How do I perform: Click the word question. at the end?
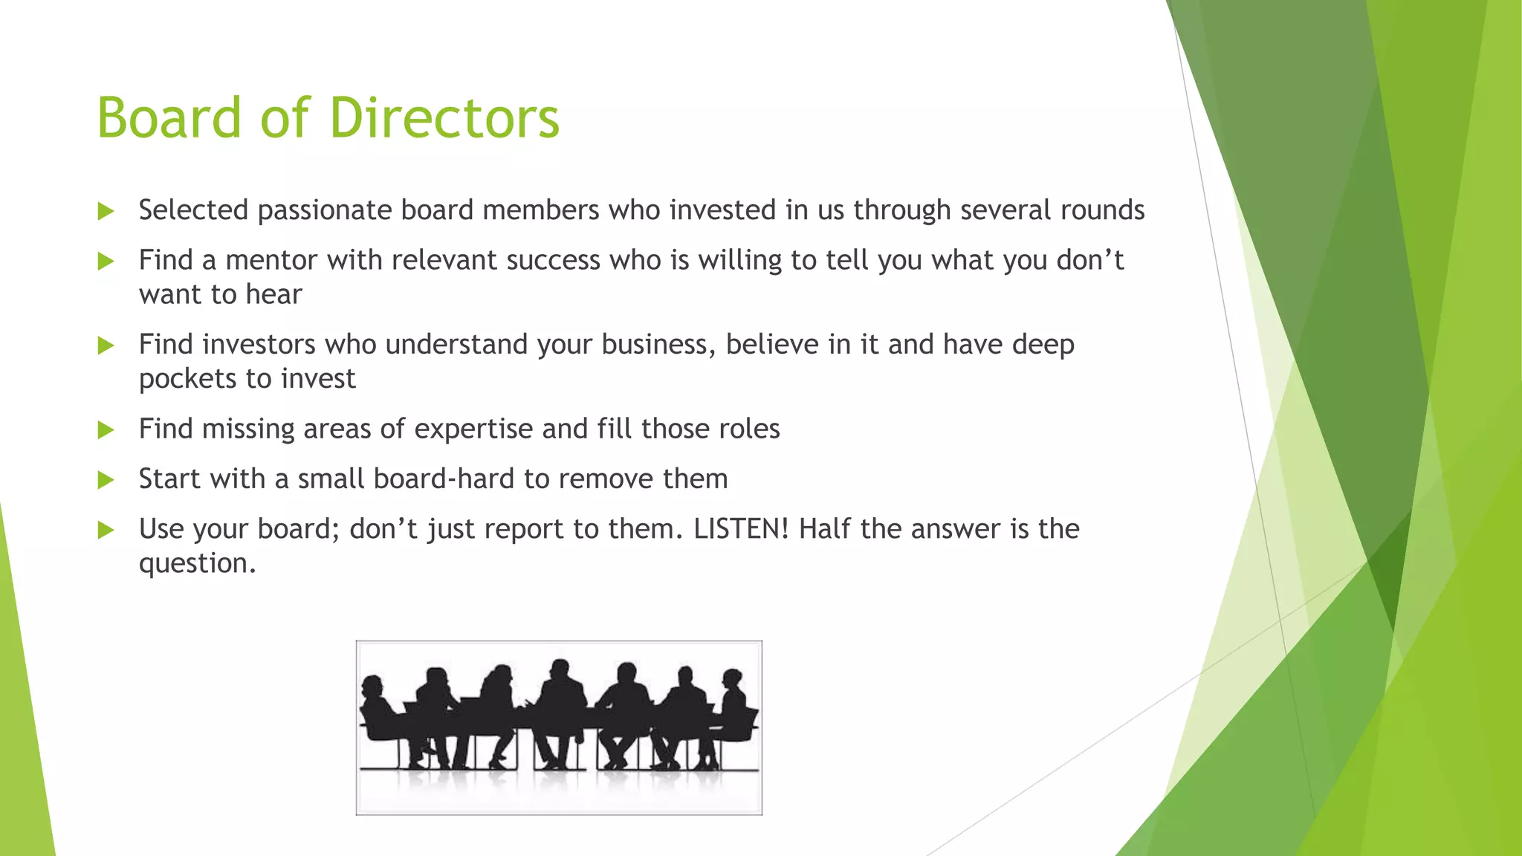(x=197, y=563)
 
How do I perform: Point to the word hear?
(x=273, y=295)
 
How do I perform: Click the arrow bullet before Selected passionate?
(x=106, y=211)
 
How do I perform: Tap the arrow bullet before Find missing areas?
(x=106, y=429)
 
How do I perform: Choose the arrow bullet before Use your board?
(x=106, y=530)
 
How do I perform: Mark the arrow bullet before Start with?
(x=106, y=480)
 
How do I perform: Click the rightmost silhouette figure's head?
(x=733, y=678)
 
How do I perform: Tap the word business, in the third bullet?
(x=658, y=345)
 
